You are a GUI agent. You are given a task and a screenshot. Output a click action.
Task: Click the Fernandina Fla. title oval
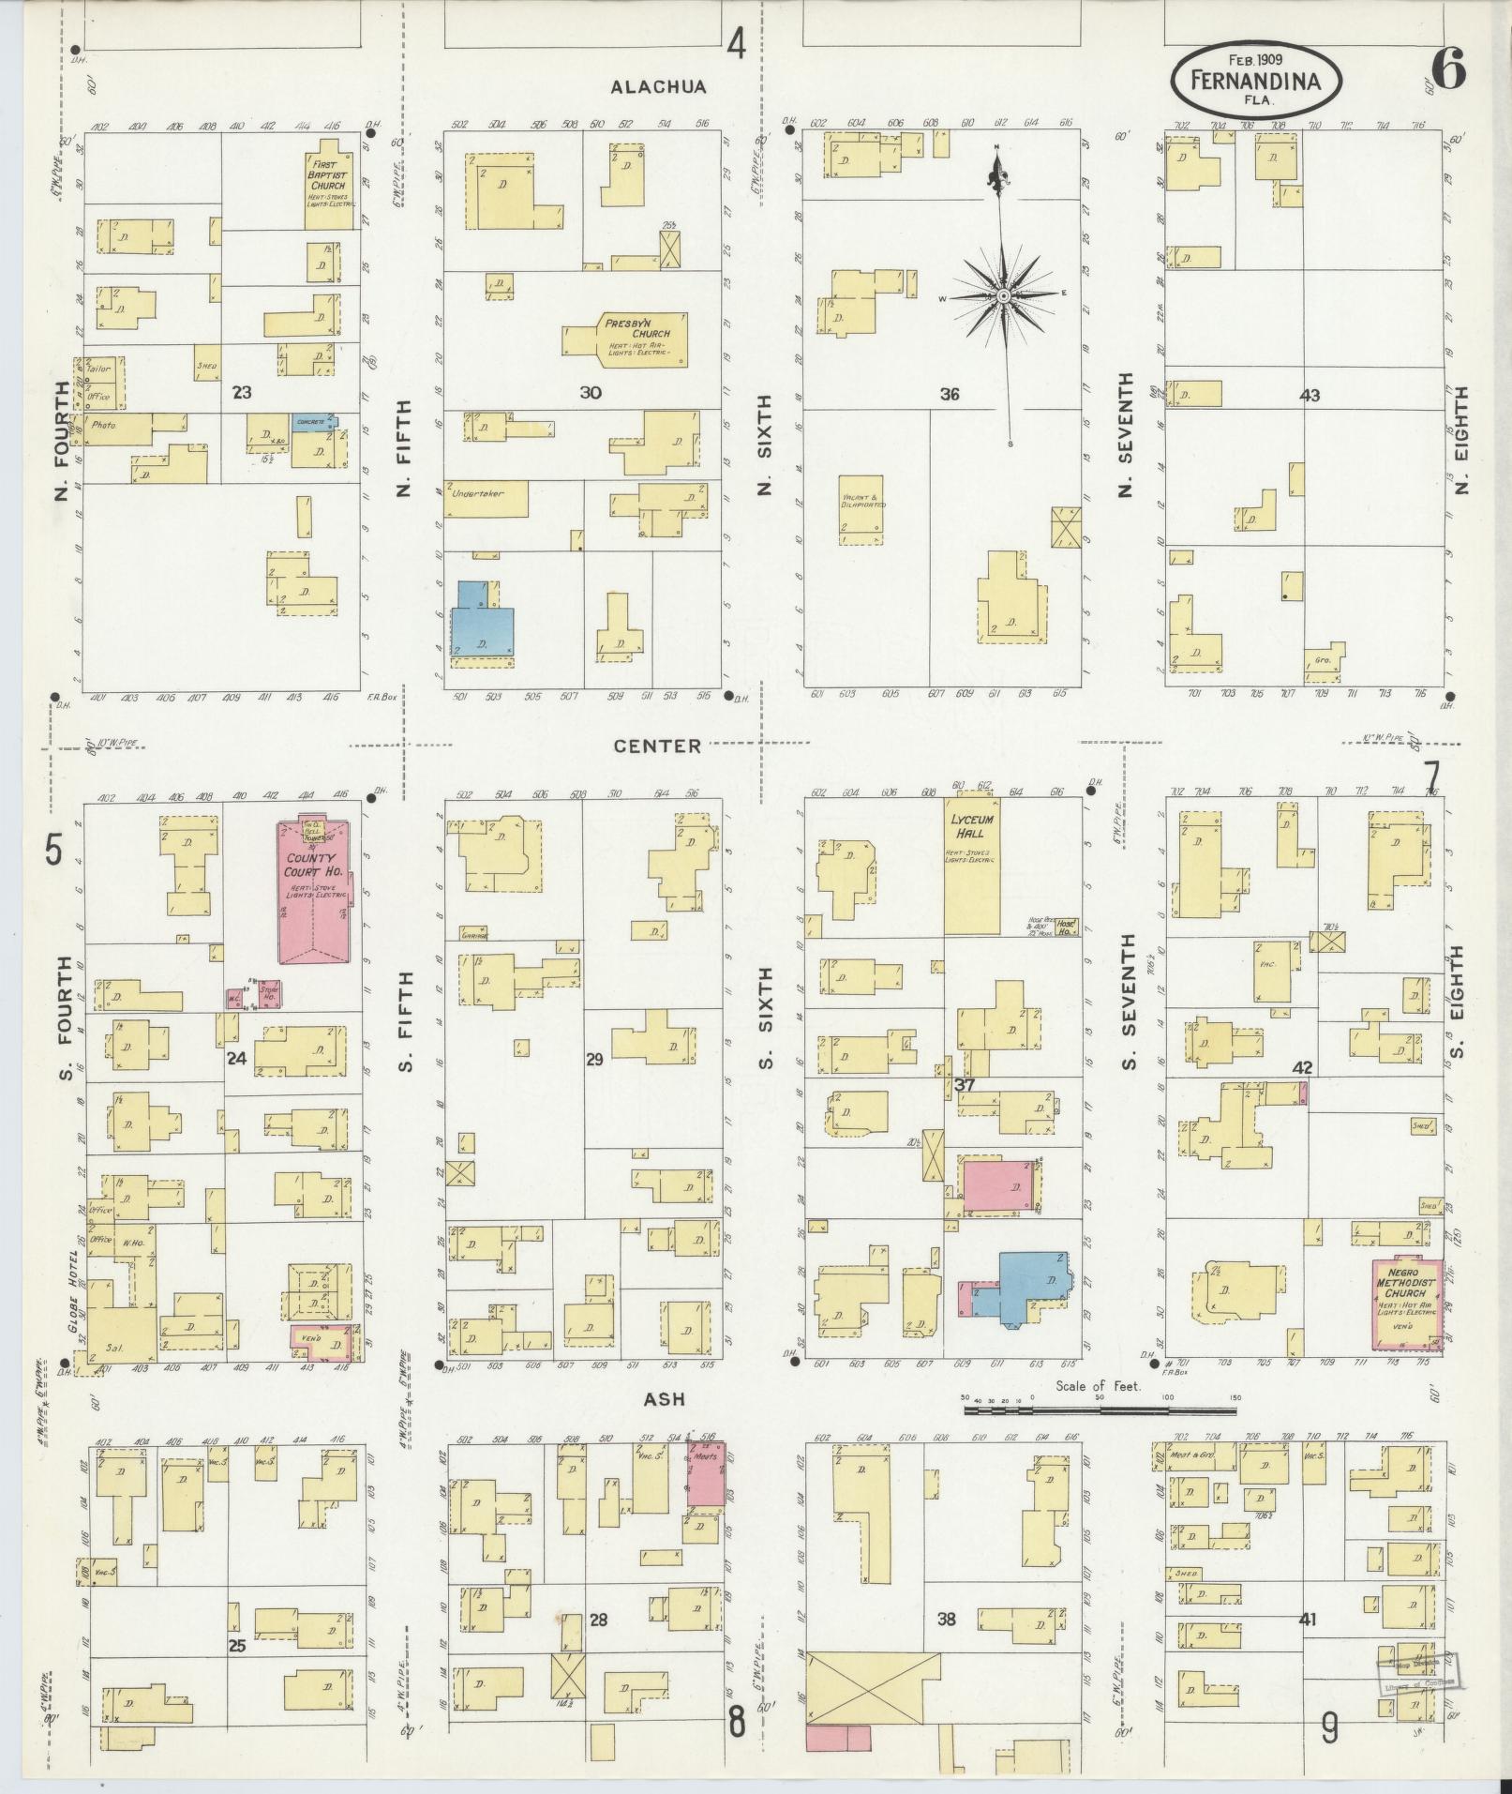click(1255, 81)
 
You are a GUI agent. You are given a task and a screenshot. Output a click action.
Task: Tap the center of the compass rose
click(1003, 295)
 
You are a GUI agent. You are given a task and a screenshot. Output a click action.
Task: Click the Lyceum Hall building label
click(972, 825)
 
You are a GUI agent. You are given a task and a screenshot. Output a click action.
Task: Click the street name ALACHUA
click(657, 87)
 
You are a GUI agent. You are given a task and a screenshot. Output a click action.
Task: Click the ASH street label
click(665, 1398)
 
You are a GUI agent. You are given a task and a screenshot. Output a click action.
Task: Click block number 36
click(950, 395)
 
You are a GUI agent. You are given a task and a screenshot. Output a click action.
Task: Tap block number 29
click(594, 1060)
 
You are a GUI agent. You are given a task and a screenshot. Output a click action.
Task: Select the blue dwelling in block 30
click(482, 624)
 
